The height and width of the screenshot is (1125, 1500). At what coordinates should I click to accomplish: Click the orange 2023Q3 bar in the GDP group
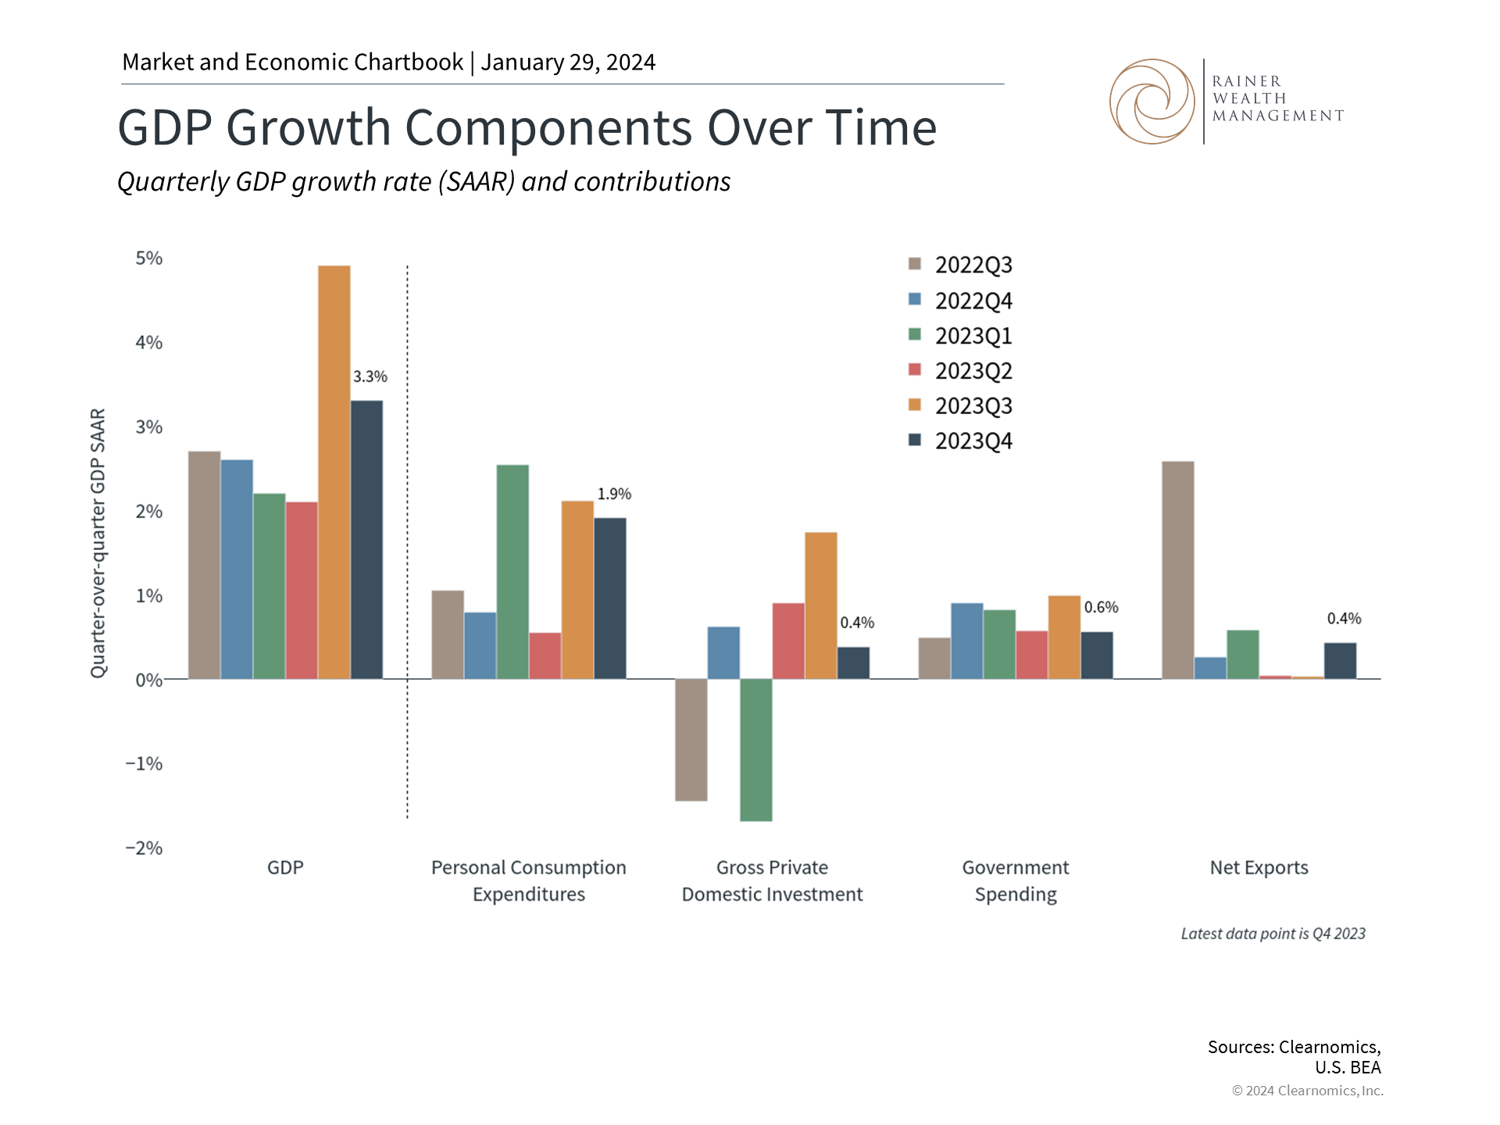point(334,472)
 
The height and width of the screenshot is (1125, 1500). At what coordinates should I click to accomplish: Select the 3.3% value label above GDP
point(370,377)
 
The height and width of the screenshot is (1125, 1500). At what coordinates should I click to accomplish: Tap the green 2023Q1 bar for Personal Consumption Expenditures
point(512,572)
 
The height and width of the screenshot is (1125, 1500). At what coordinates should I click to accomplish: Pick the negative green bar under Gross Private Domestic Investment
point(756,750)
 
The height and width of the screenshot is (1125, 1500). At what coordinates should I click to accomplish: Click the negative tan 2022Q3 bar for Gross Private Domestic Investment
point(691,740)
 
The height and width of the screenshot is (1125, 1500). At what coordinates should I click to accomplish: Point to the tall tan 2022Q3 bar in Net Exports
point(1178,570)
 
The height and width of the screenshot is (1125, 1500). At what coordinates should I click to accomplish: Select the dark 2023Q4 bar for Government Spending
point(1097,655)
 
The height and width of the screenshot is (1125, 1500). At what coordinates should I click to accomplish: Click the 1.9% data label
point(614,494)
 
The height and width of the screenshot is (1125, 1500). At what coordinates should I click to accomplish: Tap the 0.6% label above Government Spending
point(1101,607)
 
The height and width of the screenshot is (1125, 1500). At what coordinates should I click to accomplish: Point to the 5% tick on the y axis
point(149,259)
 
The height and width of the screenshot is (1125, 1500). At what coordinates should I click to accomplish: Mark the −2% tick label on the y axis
point(145,848)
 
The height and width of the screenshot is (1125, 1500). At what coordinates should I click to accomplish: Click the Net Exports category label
point(1259,868)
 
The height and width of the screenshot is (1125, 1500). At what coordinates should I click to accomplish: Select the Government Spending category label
point(1016,880)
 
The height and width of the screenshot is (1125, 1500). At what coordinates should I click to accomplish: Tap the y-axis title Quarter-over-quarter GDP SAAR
point(98,543)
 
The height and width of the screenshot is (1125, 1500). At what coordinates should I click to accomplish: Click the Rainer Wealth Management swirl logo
point(1152,102)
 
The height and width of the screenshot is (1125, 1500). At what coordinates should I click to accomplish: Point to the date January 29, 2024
point(568,62)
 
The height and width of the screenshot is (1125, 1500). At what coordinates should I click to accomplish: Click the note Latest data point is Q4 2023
point(1273,934)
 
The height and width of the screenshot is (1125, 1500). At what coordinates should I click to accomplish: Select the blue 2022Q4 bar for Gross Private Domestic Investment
point(723,652)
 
